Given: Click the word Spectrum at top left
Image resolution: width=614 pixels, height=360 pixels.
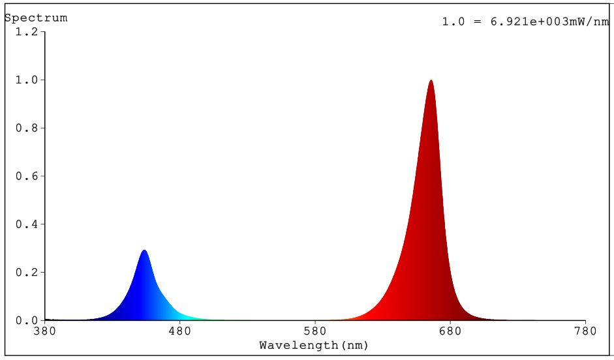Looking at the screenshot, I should pyautogui.click(x=36, y=18).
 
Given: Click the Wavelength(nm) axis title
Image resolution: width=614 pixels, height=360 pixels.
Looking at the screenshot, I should pyautogui.click(x=314, y=345).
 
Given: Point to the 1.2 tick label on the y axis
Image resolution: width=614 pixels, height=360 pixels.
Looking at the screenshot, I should pyautogui.click(x=27, y=31).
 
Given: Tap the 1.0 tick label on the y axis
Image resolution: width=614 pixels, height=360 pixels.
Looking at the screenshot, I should pyautogui.click(x=27, y=80).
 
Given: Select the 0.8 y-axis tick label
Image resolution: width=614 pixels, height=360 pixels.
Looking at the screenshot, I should pyautogui.click(x=27, y=128).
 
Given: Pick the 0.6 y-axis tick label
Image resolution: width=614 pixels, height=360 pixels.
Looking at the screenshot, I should pyautogui.click(x=27, y=176).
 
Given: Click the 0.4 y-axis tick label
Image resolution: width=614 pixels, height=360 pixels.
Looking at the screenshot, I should pyautogui.click(x=27, y=224).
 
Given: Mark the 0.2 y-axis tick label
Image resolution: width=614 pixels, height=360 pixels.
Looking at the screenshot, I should pyautogui.click(x=27, y=272).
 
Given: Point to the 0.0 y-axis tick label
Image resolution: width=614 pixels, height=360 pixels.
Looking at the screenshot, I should pyautogui.click(x=27, y=320).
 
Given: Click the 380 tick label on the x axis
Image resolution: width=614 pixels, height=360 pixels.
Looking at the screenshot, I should pyautogui.click(x=44, y=331).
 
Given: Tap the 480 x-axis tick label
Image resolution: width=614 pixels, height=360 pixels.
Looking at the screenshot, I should pyautogui.click(x=179, y=331).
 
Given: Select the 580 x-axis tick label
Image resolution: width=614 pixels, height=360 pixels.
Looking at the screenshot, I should pyautogui.click(x=315, y=331).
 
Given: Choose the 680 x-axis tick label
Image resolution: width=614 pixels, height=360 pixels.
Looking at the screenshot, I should pyautogui.click(x=450, y=331).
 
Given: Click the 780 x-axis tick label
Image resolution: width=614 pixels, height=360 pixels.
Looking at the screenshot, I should pyautogui.click(x=585, y=331).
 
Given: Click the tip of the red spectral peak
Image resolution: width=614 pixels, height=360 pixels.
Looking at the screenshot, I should pyautogui.click(x=431, y=81).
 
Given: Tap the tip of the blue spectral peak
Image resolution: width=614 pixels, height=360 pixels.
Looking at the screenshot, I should pyautogui.click(x=144, y=251).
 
